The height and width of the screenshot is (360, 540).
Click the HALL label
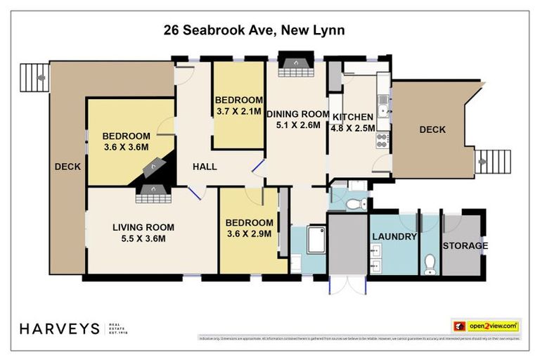pyautogui.click(x=205, y=167)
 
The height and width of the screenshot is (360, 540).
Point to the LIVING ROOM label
pyautogui.click(x=143, y=233)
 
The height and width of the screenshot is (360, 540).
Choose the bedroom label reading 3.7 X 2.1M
pyautogui.click(x=239, y=105)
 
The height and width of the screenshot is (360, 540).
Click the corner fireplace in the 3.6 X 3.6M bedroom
pyautogui.click(x=153, y=167)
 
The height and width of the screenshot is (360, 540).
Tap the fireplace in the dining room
pyautogui.click(x=295, y=63)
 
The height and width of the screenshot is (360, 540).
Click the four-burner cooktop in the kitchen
pyautogui.click(x=382, y=140)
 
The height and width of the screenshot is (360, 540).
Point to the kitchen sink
pyautogui.click(x=382, y=106)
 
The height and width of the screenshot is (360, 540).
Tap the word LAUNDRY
pyautogui.click(x=394, y=237)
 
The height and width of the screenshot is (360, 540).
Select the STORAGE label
pyautogui.click(x=465, y=245)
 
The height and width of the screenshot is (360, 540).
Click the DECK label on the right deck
pyautogui.click(x=432, y=129)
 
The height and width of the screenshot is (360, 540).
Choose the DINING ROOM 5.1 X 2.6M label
pyautogui.click(x=297, y=120)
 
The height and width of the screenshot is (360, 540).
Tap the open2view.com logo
pyautogui.click(x=486, y=326)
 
